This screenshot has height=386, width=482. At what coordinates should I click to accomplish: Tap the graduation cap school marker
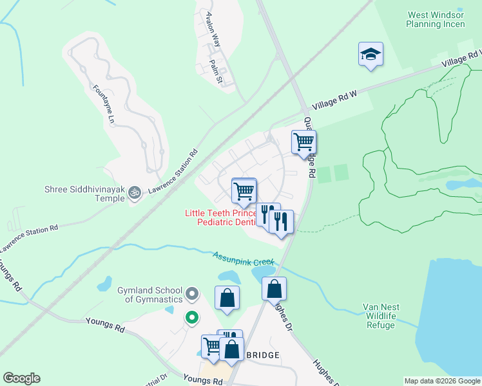pyautogui.click(x=371, y=54)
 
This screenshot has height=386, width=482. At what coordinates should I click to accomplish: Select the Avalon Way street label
pyautogui.click(x=213, y=30)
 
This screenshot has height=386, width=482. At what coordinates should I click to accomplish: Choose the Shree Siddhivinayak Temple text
pyautogui.click(x=84, y=194)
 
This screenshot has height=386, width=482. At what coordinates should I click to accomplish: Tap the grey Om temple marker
pyautogui.click(x=135, y=192)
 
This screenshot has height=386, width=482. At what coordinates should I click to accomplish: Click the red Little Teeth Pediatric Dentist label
pyautogui.click(x=221, y=217)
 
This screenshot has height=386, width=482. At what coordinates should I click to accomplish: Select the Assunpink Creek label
pyautogui.click(x=244, y=259)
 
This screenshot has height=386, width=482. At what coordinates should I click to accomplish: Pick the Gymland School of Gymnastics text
pyautogui.click(x=149, y=295)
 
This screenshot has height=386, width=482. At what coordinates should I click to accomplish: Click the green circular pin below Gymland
pyautogui.click(x=191, y=317)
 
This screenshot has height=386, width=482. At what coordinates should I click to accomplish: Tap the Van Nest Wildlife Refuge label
pyautogui.click(x=382, y=316)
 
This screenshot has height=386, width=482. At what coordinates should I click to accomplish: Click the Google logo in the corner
pyautogui.click(x=21, y=378)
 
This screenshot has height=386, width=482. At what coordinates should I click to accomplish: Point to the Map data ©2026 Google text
pyautogui.click(x=441, y=381)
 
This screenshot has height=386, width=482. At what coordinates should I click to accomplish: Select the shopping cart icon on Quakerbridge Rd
pyautogui.click(x=304, y=142)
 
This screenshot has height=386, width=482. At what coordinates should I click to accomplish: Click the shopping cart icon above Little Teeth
pyautogui.click(x=244, y=190)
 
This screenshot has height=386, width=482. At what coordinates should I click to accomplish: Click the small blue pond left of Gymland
pyautogui.click(x=104, y=284)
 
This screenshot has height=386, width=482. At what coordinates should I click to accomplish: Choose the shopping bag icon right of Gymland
pyautogui.click(x=227, y=298)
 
